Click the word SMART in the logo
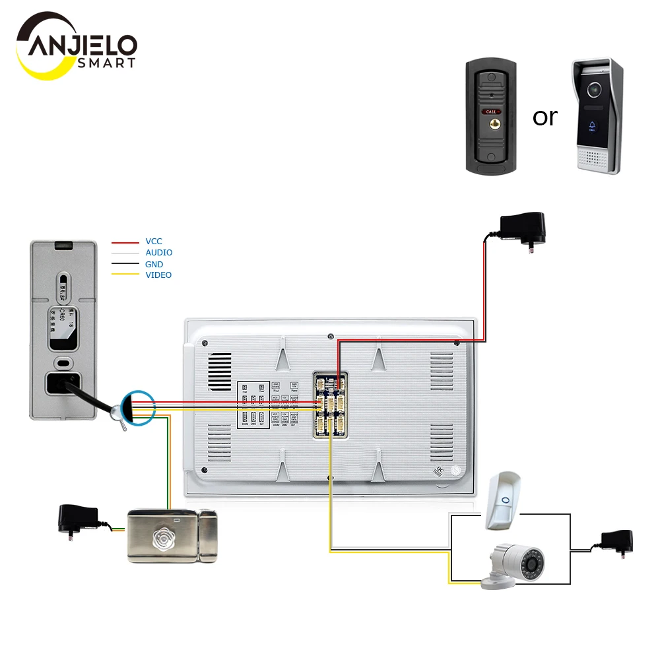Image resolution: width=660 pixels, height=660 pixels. click(106, 63)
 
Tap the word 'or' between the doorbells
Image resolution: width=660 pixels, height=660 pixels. click(544, 117)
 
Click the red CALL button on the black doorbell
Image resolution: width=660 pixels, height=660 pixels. click(490, 112)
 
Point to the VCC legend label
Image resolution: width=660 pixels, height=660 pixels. click(154, 242)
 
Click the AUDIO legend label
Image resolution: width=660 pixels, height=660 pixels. click(159, 253)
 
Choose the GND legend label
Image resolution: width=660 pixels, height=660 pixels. click(154, 264)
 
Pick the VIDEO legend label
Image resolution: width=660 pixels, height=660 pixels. click(158, 275)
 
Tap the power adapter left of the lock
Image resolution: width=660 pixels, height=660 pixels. click(79, 517)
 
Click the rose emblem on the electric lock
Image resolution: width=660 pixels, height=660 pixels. click(162, 536)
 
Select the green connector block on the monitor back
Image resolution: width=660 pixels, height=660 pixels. click(330, 404)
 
